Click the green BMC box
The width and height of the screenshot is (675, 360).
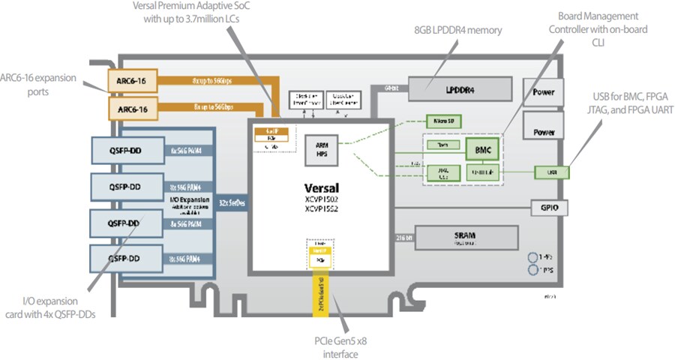(481, 150)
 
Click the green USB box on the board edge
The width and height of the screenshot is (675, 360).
(551, 172)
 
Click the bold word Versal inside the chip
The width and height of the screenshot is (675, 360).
(321, 187)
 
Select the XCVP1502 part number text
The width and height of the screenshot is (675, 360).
(321, 200)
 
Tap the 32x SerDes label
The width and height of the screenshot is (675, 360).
(233, 203)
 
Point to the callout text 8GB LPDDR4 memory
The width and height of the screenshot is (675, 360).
(457, 31)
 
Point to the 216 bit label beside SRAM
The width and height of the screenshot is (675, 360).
(401, 237)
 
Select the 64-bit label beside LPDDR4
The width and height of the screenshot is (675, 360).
(391, 88)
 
